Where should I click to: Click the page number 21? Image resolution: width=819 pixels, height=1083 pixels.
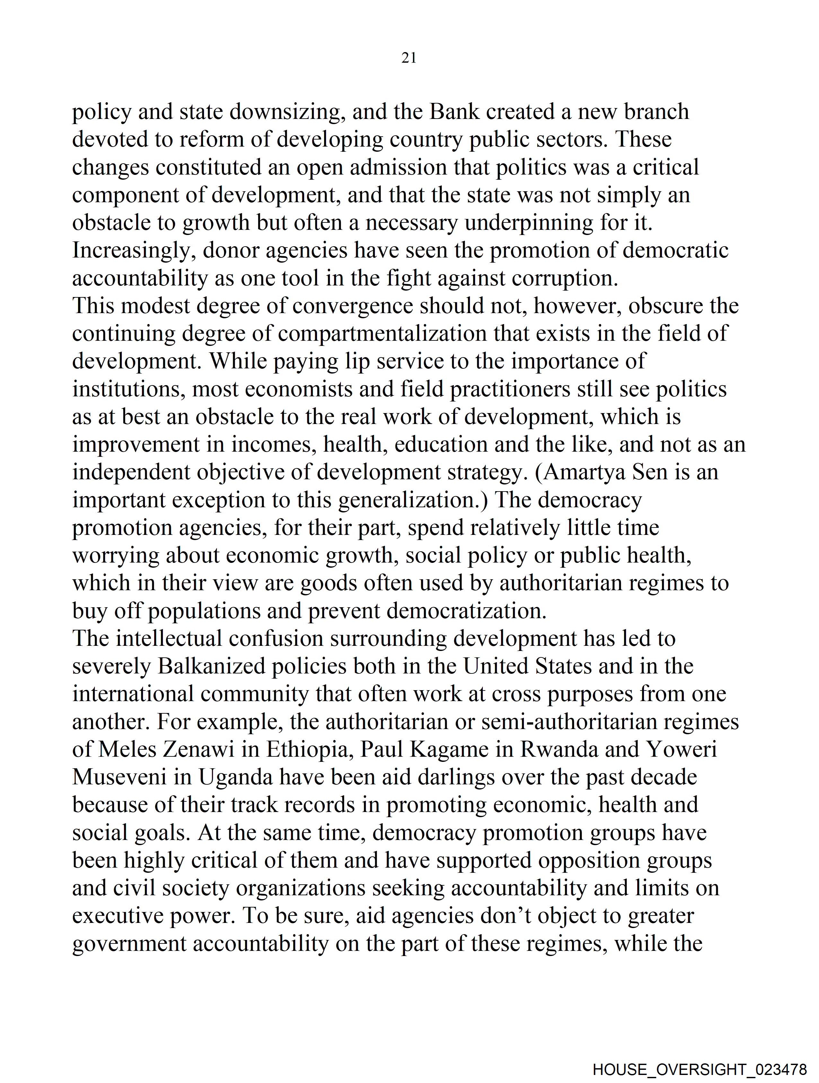pos(409,58)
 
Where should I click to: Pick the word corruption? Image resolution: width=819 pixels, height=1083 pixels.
pos(565,279)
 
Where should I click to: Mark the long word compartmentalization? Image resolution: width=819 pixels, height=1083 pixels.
pos(383,334)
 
